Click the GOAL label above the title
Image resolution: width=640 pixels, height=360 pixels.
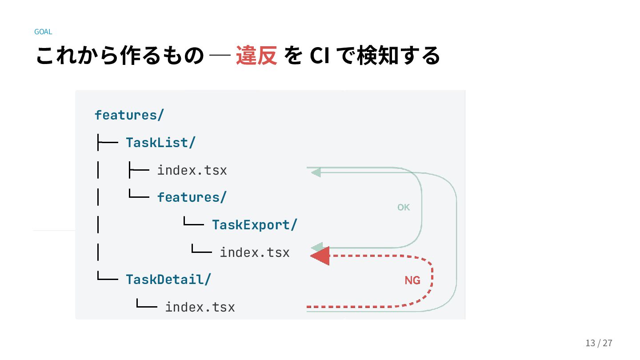point(43,32)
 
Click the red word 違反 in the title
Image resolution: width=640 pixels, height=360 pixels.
point(256,56)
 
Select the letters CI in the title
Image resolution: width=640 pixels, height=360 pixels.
point(320,56)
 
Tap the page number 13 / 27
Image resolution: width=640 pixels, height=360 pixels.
point(599,343)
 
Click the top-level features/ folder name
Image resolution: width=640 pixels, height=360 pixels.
point(129,115)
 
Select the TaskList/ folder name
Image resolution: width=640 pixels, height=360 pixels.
point(160,143)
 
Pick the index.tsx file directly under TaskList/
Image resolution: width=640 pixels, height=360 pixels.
point(192,170)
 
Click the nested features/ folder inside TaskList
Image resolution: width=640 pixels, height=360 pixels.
point(192,197)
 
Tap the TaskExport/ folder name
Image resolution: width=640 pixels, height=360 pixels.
point(255,225)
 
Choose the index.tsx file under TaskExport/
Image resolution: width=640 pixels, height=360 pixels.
point(255,252)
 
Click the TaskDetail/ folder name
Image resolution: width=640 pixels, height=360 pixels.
point(168,280)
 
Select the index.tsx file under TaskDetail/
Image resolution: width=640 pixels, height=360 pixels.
point(200,307)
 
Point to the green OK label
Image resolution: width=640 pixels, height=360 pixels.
point(404,207)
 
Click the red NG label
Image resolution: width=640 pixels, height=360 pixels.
point(412,280)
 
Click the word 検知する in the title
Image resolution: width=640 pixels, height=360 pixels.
point(398,56)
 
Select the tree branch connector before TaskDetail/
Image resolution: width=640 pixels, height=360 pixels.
point(108,276)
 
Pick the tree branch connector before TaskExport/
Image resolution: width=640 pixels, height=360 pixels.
point(194,221)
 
